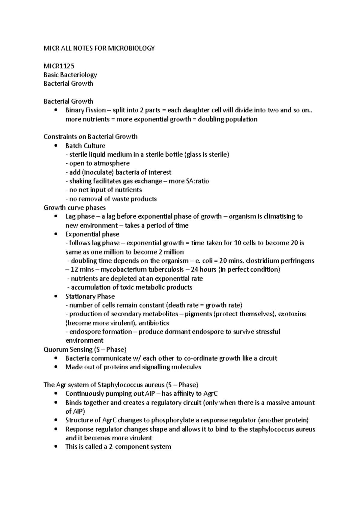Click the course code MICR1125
click(x=59, y=66)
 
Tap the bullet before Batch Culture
click(x=55, y=146)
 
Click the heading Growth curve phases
click(x=74, y=207)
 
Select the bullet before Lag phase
click(x=55, y=216)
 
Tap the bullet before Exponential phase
click(x=55, y=234)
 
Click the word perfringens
click(x=297, y=261)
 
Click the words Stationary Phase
click(x=90, y=296)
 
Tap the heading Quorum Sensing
click(x=68, y=350)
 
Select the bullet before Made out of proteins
click(x=55, y=367)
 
